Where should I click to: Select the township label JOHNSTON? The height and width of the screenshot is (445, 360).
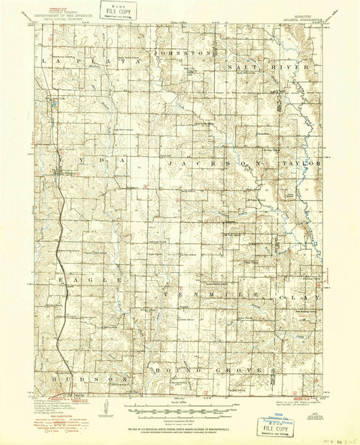click(x=184, y=52)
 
